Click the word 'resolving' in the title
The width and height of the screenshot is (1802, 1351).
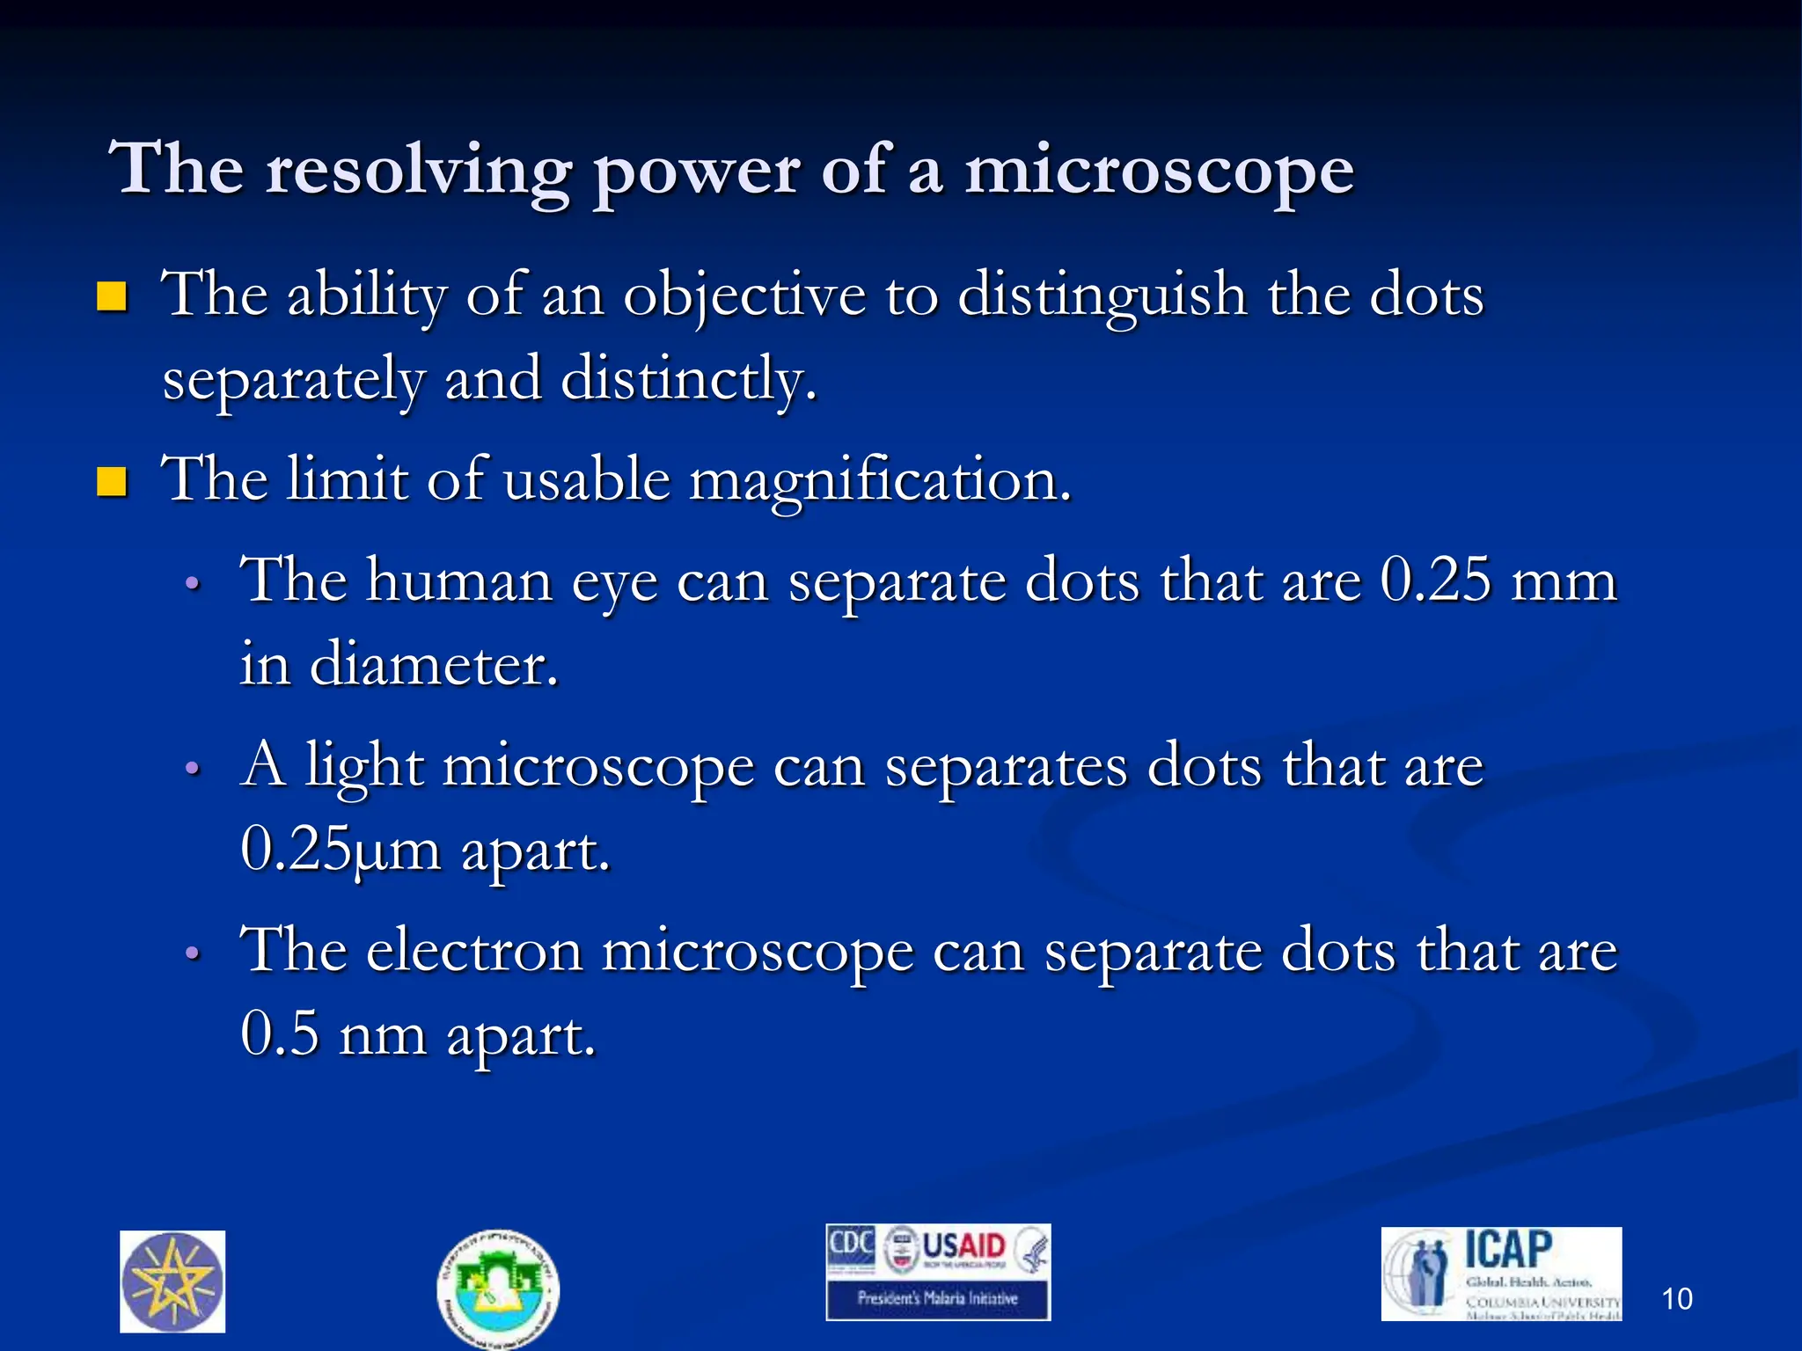pos(418,170)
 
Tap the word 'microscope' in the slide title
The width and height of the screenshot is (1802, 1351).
pos(1159,170)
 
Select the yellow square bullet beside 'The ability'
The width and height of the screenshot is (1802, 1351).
pos(112,297)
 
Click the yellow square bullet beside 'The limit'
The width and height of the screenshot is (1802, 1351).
pos(112,482)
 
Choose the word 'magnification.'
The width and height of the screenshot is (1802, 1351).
pos(880,481)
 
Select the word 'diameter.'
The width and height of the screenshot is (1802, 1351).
pos(434,664)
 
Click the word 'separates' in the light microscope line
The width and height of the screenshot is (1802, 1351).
pos(1006,766)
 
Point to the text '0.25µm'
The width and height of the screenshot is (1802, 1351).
pos(341,851)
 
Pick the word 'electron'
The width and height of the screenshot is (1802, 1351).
pos(474,952)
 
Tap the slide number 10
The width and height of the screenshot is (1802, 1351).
pos(1677,1299)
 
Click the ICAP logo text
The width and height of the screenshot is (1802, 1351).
pos(1508,1250)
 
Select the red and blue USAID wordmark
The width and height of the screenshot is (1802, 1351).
pos(963,1246)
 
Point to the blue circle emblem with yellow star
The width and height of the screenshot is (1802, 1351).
pos(172,1282)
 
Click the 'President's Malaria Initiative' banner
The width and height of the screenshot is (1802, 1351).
pos(938,1298)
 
